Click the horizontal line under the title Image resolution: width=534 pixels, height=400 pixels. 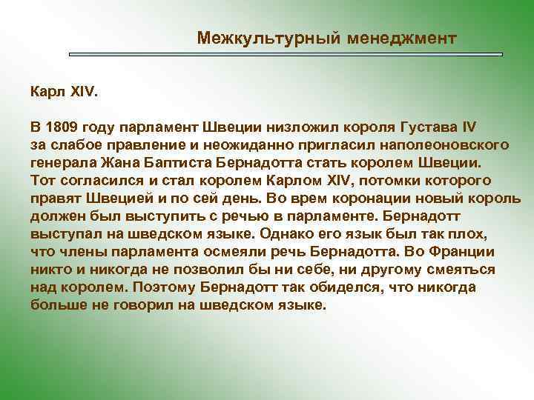(x=286, y=55)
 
